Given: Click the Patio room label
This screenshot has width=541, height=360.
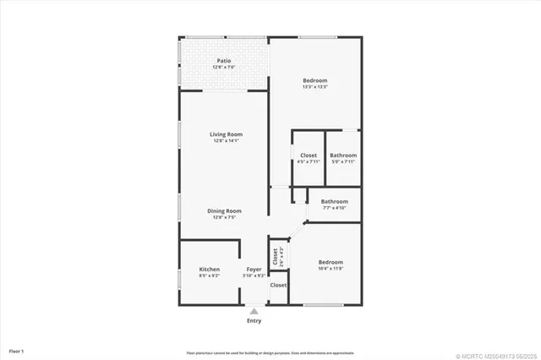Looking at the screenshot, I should click(x=224, y=60).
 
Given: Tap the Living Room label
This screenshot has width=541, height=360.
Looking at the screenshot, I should click(x=227, y=134).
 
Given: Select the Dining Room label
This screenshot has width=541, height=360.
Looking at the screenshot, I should click(x=225, y=210).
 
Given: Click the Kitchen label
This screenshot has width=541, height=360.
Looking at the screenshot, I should click(x=209, y=270).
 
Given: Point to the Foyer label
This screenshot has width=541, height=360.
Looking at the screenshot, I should click(x=254, y=270).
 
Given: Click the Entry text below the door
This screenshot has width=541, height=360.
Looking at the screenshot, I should click(x=254, y=321).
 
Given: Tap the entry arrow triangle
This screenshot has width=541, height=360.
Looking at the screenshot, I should click(x=254, y=311).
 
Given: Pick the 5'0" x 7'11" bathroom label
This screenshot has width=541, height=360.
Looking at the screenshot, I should click(x=343, y=155).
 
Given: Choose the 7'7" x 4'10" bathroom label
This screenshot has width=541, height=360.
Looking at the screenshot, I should click(x=334, y=201).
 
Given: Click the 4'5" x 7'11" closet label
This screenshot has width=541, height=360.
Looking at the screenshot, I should click(x=309, y=155).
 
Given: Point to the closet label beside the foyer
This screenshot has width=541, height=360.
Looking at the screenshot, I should click(x=278, y=285).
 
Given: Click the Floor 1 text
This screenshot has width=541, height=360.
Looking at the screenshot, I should click(x=16, y=350).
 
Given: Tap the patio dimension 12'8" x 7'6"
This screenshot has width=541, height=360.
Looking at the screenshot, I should click(x=224, y=67).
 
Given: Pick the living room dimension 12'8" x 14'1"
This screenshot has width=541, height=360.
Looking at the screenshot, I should click(x=227, y=141).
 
